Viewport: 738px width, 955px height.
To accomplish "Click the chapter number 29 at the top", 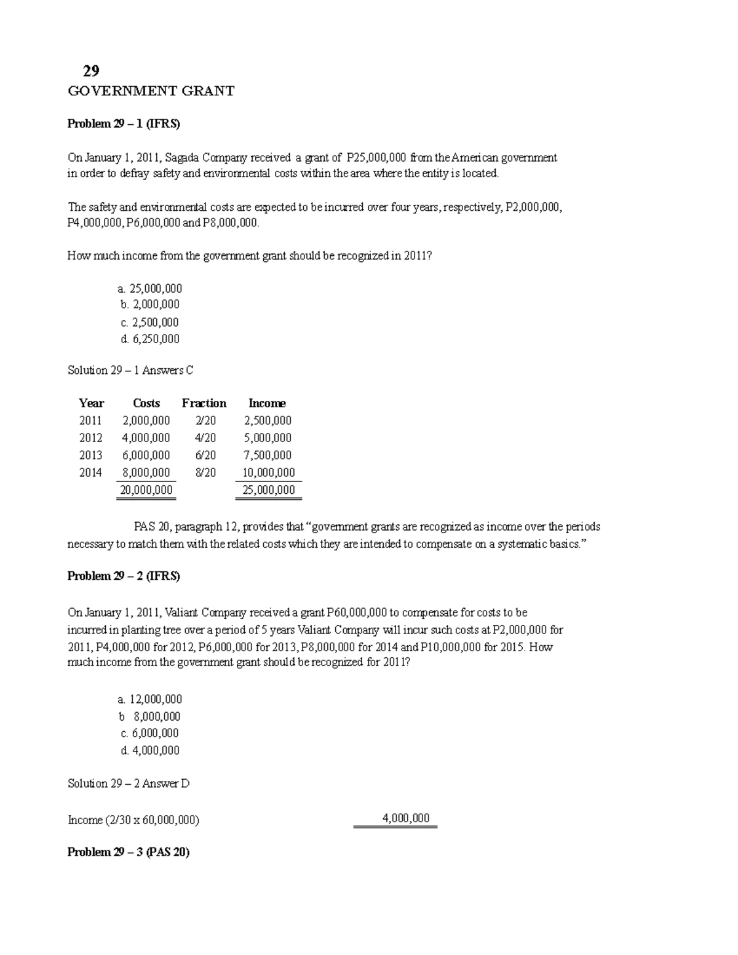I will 91,71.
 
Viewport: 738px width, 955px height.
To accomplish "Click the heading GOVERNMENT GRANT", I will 151,92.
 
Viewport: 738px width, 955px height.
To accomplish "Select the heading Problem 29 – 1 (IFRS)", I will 123,124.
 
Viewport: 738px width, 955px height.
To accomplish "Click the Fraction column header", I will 204,403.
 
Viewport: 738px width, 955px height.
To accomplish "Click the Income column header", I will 267,403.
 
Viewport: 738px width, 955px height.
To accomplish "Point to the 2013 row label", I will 90,456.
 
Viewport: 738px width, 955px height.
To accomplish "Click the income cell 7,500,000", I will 268,456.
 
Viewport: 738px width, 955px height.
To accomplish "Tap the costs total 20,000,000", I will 146,490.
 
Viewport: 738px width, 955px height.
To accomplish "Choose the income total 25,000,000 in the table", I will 268,490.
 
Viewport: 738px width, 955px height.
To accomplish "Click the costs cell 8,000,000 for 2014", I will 146,473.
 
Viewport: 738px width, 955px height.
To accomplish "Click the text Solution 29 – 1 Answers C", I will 130,370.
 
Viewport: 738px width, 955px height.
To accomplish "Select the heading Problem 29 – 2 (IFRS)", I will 123,576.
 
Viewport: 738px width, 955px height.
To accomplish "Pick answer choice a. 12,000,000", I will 149,699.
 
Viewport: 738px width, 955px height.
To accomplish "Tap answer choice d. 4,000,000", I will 150,750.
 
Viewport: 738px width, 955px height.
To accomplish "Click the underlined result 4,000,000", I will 406,818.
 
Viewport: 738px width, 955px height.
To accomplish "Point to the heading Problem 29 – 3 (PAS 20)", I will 128,852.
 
